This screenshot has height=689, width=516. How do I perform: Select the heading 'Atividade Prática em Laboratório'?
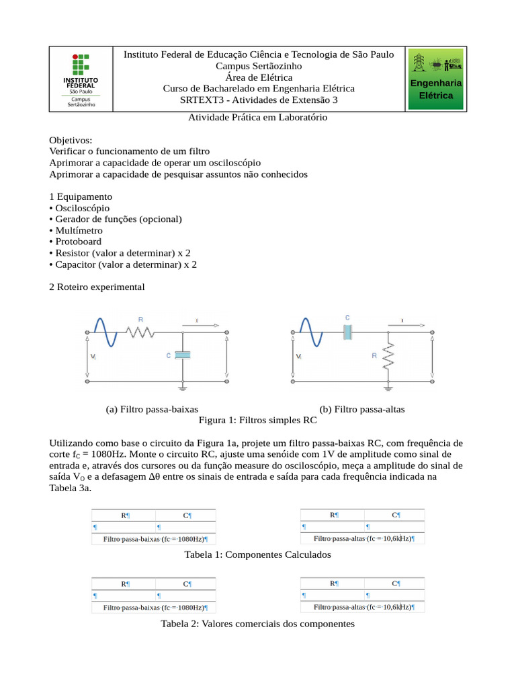coord(258,117)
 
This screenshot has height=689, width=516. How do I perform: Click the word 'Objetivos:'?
coord(71,140)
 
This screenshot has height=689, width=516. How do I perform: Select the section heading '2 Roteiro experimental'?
coord(97,287)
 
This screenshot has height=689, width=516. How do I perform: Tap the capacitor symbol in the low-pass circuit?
coord(183,355)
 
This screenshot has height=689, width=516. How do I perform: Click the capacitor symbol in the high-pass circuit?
coord(347,331)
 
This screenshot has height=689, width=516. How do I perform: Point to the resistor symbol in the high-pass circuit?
coord(388,355)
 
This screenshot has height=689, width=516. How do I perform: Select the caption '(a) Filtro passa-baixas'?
coord(152,409)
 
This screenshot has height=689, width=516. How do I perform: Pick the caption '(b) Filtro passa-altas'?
coord(362,409)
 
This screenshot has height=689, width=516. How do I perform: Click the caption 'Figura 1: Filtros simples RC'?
coord(258,420)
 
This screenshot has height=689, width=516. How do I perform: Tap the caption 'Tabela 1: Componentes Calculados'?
coord(258,555)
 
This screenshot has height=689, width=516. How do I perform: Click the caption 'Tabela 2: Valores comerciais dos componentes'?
coord(258,624)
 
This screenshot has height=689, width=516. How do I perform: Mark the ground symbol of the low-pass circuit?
coord(183,387)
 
